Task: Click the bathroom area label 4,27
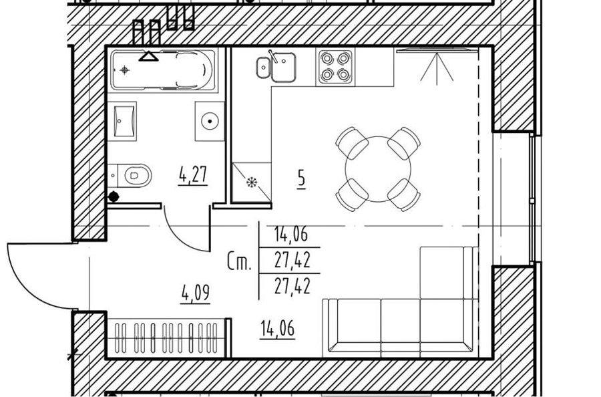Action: click(x=194, y=175)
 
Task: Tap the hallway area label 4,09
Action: click(x=196, y=293)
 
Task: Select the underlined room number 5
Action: click(x=302, y=179)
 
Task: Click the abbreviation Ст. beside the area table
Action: click(x=240, y=261)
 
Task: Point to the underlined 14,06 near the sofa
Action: click(x=278, y=329)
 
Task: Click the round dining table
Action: click(x=378, y=169)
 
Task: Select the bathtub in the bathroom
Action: click(x=162, y=70)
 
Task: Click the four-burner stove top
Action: click(x=335, y=67)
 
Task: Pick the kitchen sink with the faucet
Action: click(x=276, y=67)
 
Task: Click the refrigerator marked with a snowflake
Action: click(x=252, y=182)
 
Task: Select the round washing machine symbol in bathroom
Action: click(x=210, y=121)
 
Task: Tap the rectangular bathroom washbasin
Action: click(x=125, y=121)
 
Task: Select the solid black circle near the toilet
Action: click(x=114, y=196)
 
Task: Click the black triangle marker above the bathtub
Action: click(x=148, y=56)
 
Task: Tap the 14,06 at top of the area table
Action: click(x=291, y=234)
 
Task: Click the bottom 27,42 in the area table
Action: click(x=292, y=286)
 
